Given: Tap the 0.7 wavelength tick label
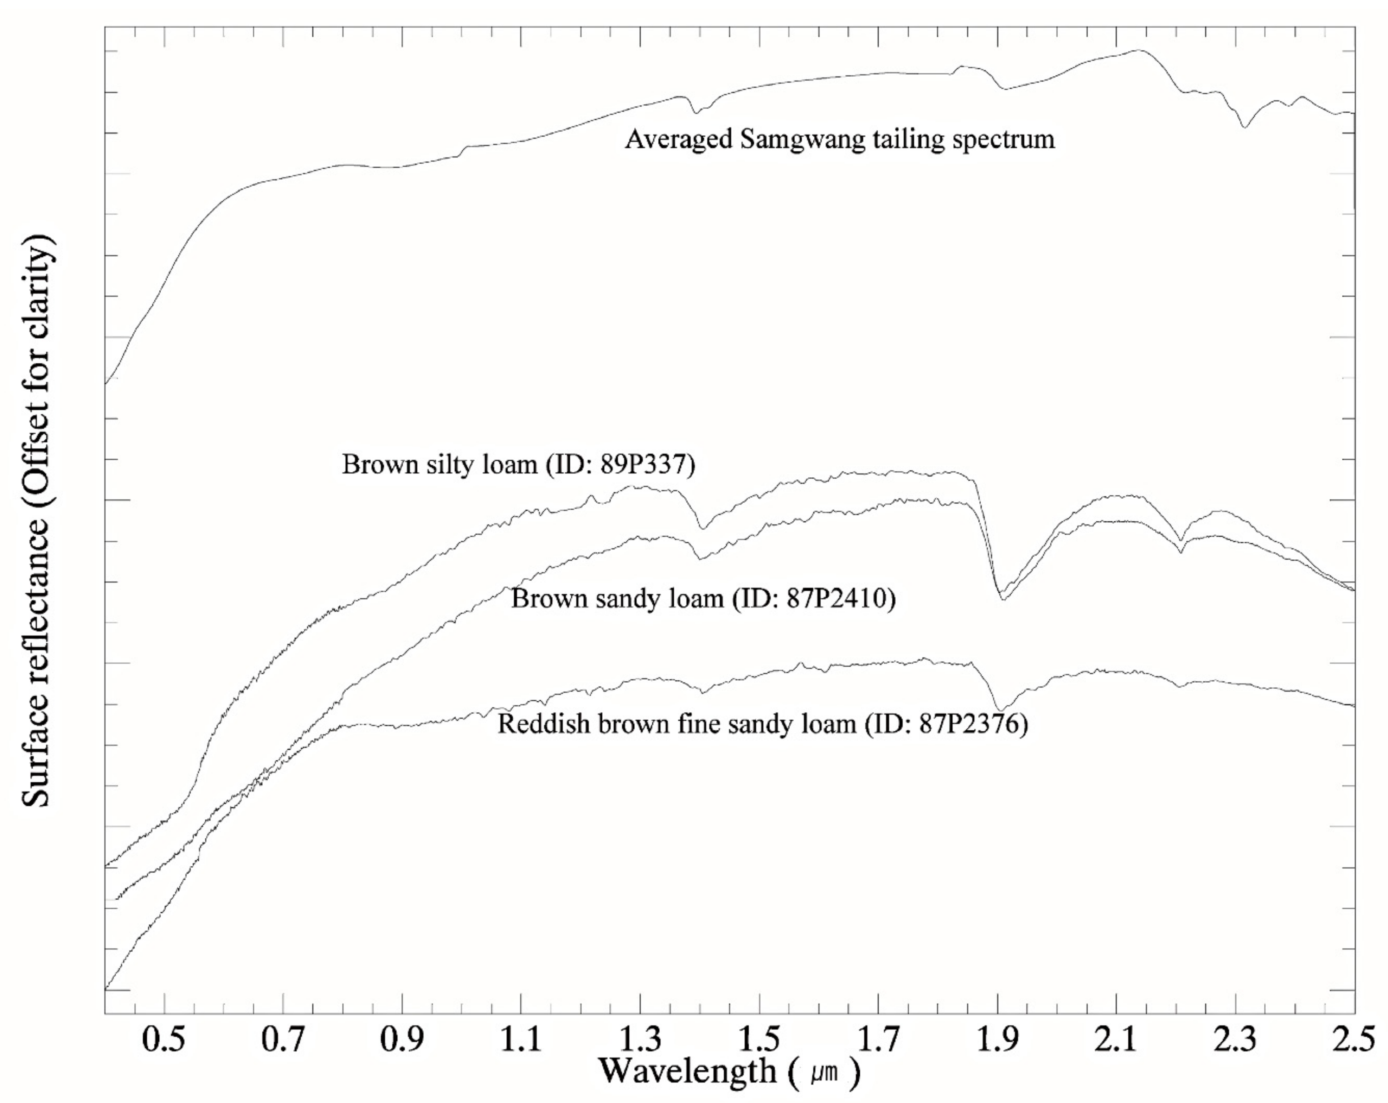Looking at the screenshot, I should [x=283, y=1041].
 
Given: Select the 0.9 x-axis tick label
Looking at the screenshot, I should [x=402, y=1041].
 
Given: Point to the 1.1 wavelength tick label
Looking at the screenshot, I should [x=521, y=1041].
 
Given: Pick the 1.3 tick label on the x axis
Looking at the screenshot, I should [x=640, y=1041].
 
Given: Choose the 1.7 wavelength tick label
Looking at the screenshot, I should [x=878, y=1041].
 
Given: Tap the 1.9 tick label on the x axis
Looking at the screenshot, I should [x=997, y=1041].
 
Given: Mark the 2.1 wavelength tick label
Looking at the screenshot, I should [x=1116, y=1041].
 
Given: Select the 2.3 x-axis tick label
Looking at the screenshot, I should [x=1235, y=1041].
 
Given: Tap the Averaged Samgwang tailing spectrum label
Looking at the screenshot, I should [x=839, y=139].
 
